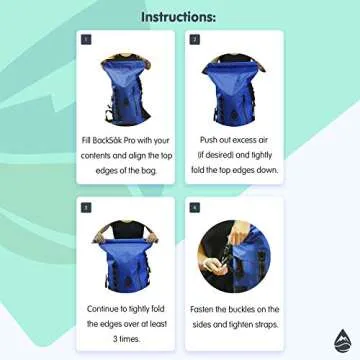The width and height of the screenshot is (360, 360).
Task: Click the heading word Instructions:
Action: coord(180,17)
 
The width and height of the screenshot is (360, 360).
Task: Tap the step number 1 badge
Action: coord(87,41)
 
